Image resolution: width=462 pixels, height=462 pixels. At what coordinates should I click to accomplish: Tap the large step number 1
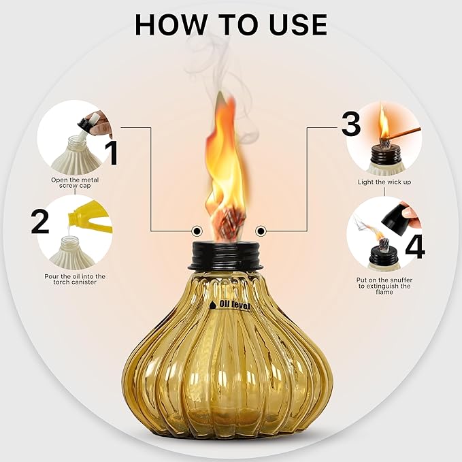click(112, 152)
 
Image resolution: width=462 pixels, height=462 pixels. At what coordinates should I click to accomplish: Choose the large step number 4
click(414, 246)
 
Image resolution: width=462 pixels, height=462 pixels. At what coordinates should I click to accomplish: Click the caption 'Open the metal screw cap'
click(75, 184)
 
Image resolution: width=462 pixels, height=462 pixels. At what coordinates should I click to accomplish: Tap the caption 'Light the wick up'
click(384, 182)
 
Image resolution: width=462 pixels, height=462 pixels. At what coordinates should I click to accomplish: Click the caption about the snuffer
click(384, 286)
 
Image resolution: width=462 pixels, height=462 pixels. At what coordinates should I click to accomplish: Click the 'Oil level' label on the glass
click(229, 306)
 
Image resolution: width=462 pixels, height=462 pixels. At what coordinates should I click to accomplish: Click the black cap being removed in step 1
click(86, 122)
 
